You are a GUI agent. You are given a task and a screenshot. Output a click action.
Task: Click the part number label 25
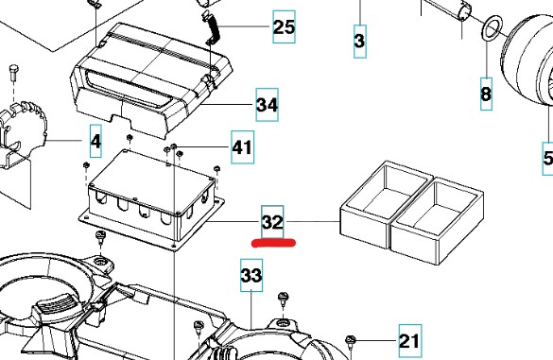284,26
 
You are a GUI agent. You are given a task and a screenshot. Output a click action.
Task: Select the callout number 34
267,106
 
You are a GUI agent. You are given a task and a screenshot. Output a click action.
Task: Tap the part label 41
243,147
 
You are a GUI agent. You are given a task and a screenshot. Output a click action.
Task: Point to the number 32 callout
272,223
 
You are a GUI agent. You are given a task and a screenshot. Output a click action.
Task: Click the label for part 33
251,276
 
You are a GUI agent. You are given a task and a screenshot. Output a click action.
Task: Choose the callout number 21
408,339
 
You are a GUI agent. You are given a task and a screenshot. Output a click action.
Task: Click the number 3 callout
360,42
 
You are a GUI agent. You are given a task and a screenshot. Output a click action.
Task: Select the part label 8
486,94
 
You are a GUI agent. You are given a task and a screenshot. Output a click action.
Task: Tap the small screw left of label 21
351,338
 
